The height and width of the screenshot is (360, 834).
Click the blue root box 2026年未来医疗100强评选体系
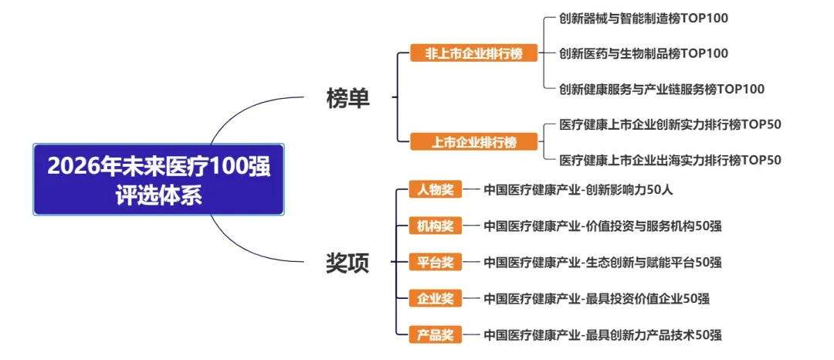pyautogui.click(x=158, y=179)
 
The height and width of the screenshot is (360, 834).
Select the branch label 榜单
pyautogui.click(x=347, y=98)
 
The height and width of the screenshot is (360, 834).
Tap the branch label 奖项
pyautogui.click(x=347, y=263)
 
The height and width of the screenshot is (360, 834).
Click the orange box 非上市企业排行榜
pyautogui.click(x=473, y=53)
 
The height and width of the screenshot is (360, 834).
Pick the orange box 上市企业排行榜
pyautogui.click(x=473, y=142)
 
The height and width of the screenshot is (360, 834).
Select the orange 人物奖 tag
pyautogui.click(x=436, y=189)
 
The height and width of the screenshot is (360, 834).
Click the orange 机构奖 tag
pyautogui.click(x=436, y=226)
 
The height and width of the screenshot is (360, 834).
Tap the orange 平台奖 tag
pyautogui.click(x=436, y=262)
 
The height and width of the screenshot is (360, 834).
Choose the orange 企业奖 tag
pyautogui.click(x=436, y=298)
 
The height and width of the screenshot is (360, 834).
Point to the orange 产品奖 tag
pyautogui.click(x=436, y=335)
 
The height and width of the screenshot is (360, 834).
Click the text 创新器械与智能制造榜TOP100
pyautogui.click(x=644, y=18)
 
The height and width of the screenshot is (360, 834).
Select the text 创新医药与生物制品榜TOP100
pyautogui.click(x=644, y=53)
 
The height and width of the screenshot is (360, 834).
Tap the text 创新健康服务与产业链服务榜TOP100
pyautogui.click(x=662, y=89)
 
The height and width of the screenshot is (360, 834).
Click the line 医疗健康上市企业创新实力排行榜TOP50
pyautogui.click(x=670, y=124)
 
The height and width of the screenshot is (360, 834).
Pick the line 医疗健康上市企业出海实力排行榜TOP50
pyautogui.click(x=670, y=160)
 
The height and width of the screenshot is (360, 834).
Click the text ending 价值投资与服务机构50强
pyautogui.click(x=602, y=226)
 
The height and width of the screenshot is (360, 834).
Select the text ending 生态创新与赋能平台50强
pyautogui.click(x=602, y=262)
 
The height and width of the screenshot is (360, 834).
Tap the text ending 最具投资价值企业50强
pyautogui.click(x=596, y=298)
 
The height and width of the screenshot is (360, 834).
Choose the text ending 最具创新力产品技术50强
pyautogui.click(x=602, y=335)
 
